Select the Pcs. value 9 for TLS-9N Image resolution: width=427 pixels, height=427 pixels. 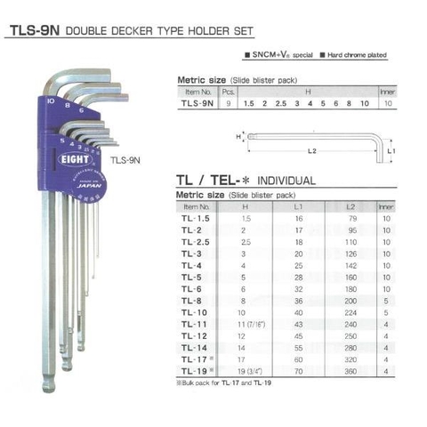pyautogui.click(x=229, y=102)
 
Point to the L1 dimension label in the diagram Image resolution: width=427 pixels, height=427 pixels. pyautogui.click(x=392, y=153)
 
